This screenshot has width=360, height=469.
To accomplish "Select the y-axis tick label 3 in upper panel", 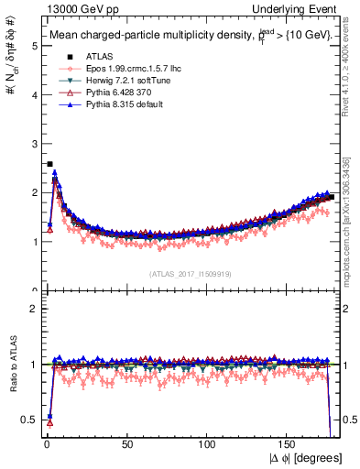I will pos(34,143).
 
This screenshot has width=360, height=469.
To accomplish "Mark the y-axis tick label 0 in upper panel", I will pos(34,291).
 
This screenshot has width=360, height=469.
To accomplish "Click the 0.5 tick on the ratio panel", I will pos(30,420).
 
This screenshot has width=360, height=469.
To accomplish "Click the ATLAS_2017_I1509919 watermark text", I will pos(191,273).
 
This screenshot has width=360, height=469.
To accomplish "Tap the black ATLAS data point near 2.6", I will pos(49,164).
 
